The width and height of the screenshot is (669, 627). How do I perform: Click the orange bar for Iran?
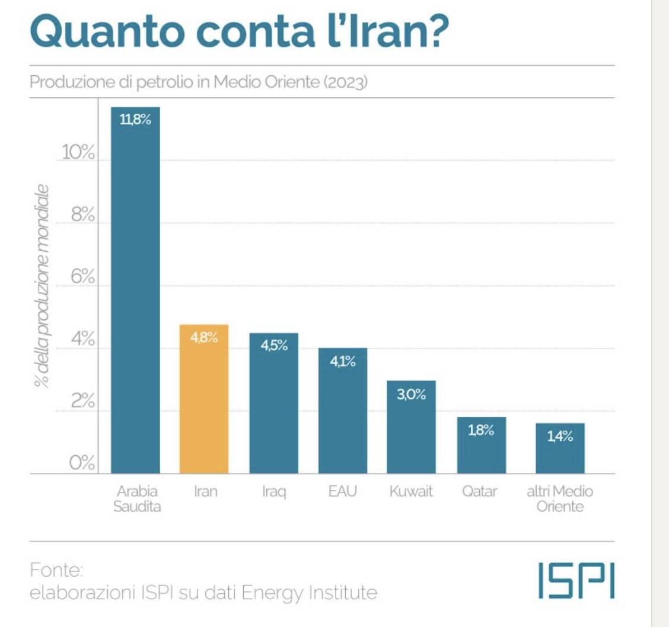(x=203, y=403)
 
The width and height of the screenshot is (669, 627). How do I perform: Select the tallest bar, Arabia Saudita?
(x=136, y=296)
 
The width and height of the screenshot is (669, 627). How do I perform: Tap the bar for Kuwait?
(x=412, y=430)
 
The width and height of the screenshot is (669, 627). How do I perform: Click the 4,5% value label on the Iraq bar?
(x=274, y=346)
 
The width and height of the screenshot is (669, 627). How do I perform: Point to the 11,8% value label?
(x=136, y=120)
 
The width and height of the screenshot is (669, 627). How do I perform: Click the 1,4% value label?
(x=560, y=437)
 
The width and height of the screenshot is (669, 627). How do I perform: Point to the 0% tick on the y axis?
(x=81, y=463)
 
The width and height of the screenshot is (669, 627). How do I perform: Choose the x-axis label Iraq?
(x=274, y=492)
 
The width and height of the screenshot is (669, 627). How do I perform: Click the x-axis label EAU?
(x=342, y=492)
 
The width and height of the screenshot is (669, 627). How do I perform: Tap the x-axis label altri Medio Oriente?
(x=560, y=499)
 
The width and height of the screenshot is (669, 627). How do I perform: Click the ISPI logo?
(x=576, y=581)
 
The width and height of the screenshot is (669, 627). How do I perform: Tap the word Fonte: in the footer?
(x=56, y=571)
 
